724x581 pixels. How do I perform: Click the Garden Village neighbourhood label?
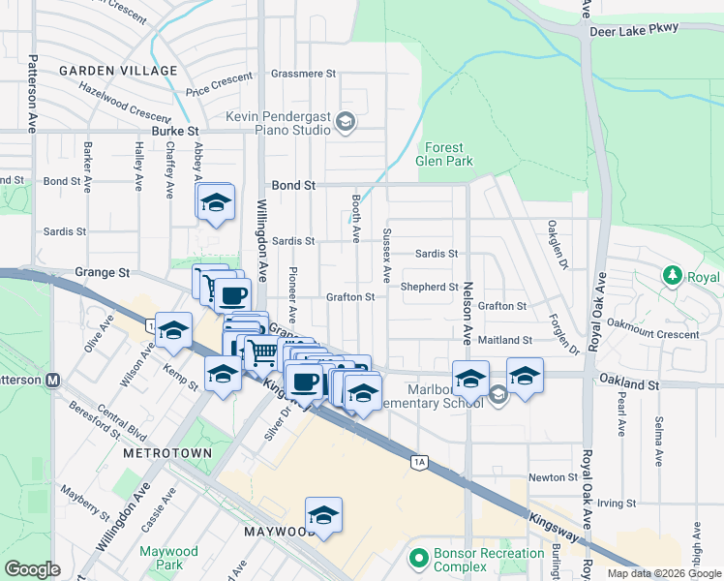(x=119, y=71)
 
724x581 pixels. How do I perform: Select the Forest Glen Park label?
(x=445, y=155)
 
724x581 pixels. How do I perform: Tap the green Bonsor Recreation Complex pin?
(x=418, y=559)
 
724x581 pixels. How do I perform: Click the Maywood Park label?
(x=168, y=558)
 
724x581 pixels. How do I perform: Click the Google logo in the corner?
(x=32, y=569)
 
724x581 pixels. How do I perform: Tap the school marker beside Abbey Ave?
(x=216, y=203)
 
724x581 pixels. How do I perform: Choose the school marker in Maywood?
(x=324, y=514)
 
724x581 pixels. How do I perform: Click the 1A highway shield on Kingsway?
(x=419, y=463)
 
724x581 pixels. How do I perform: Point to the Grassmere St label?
(x=303, y=74)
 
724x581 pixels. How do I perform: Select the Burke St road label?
(x=174, y=130)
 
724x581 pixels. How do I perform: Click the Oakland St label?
(x=628, y=384)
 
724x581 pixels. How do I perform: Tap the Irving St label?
(x=616, y=504)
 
